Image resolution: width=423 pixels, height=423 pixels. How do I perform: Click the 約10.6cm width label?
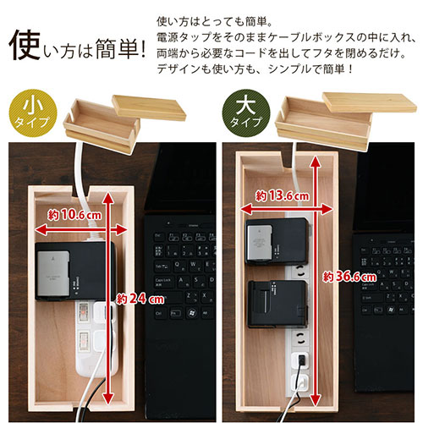[x=74, y=215]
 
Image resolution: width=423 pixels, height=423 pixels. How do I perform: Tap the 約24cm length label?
[x=140, y=299]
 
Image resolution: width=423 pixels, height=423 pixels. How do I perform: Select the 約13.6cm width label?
[x=283, y=195]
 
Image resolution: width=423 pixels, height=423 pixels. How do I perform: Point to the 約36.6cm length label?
[x=349, y=277]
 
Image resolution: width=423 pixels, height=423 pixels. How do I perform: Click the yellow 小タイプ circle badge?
[x=33, y=113]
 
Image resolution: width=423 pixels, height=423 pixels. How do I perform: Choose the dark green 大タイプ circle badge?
[x=246, y=113]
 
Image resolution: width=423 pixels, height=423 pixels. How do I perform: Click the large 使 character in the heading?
[x=25, y=45]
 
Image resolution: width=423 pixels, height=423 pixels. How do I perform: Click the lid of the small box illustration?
[x=149, y=107]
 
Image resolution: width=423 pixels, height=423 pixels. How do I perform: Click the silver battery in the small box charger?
[x=53, y=273]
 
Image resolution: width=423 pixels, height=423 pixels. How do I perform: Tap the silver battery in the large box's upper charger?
[x=260, y=243]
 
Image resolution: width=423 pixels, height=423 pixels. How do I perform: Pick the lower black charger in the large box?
[x=277, y=304]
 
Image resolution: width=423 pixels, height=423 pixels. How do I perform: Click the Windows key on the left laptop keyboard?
[x=192, y=313]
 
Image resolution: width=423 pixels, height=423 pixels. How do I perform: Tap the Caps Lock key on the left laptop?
[x=163, y=281]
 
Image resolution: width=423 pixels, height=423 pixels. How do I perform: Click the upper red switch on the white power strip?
[x=83, y=311]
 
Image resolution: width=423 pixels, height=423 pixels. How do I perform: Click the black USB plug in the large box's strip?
[x=301, y=360]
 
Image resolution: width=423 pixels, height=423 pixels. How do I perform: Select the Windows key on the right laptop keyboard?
[x=391, y=310]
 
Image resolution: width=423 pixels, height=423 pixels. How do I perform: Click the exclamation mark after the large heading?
[x=143, y=49]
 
